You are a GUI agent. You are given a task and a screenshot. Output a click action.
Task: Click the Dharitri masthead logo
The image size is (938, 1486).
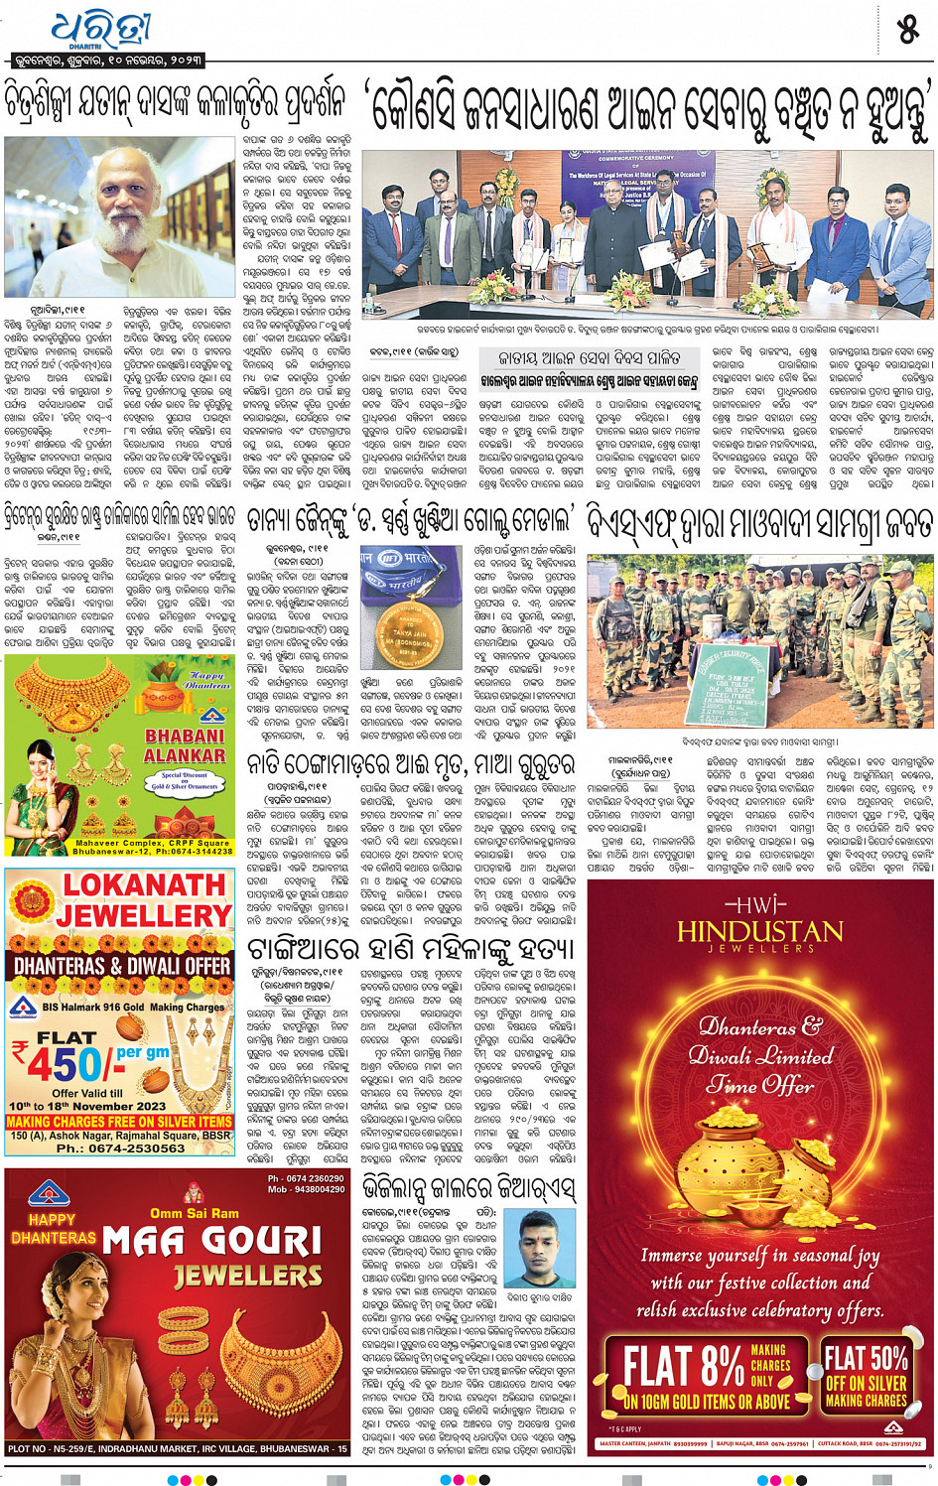click(x=100, y=30)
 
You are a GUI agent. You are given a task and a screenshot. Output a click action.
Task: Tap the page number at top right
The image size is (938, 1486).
click(x=907, y=31)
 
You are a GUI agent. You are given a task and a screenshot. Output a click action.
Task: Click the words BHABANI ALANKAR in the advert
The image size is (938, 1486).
click(x=185, y=745)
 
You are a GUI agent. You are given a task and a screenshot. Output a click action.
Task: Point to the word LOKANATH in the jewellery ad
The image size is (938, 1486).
click(x=145, y=885)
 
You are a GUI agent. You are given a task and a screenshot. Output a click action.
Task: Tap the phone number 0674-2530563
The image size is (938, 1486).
click(x=121, y=1148)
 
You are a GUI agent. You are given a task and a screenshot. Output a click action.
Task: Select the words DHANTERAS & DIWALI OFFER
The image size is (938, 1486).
click(x=122, y=965)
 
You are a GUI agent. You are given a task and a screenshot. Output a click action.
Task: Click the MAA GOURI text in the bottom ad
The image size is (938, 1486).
click(x=211, y=1241)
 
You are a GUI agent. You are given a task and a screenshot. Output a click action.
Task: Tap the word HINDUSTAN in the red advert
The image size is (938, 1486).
click(x=759, y=931)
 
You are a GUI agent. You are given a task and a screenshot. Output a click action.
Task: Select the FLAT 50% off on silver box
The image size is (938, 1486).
click(x=866, y=1375)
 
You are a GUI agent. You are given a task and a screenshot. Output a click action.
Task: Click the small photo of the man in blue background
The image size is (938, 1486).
click(x=539, y=1248)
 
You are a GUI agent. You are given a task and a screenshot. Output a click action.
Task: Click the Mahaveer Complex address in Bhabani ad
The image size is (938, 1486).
click(x=153, y=847)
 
